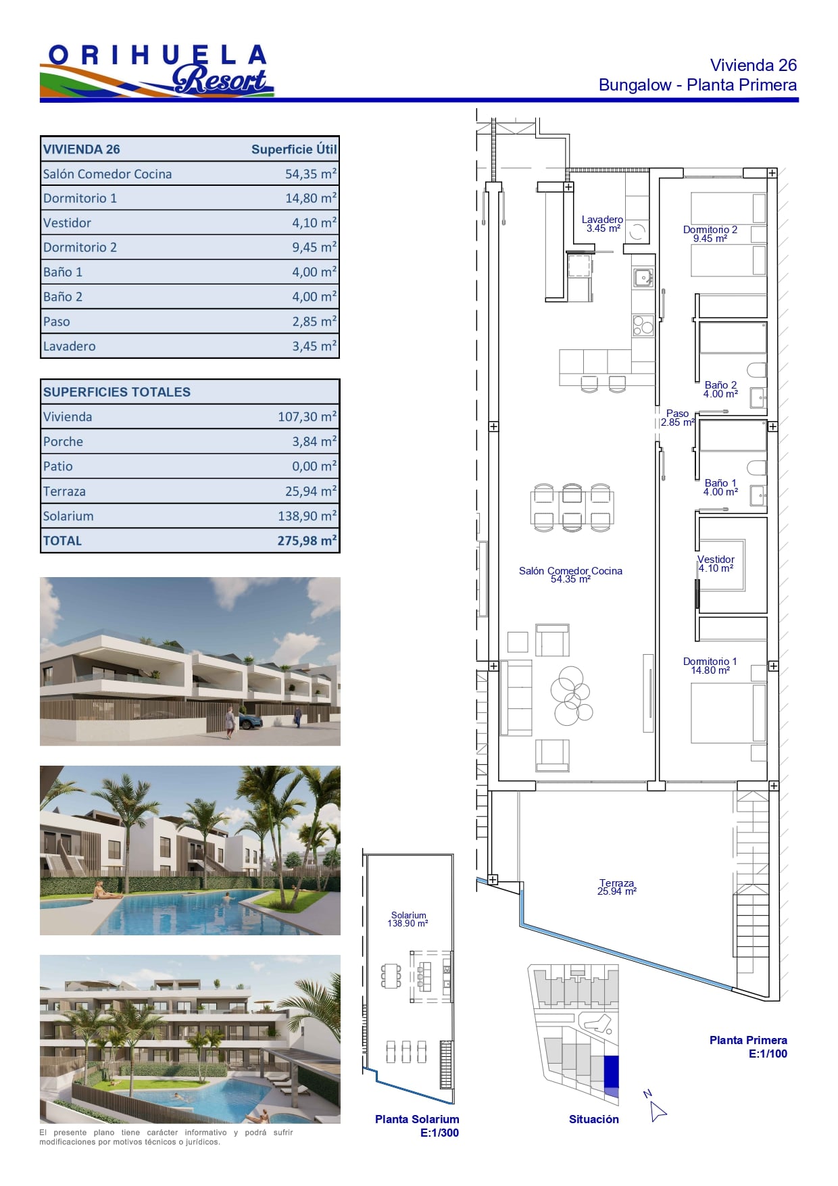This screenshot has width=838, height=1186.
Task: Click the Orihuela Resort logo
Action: [157, 71]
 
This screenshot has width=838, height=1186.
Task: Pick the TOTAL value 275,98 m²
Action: [307, 541]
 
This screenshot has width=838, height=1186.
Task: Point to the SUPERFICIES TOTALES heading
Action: [117, 392]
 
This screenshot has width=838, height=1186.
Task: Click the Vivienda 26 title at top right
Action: [754, 65]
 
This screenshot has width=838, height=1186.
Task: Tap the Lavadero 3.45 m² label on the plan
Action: [603, 224]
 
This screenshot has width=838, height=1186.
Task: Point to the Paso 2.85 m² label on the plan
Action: [678, 418]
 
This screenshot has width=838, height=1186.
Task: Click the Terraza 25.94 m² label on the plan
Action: [617, 887]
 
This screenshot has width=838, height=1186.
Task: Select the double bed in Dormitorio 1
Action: [729, 714]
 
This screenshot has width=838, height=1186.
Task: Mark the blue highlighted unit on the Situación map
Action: [611, 1076]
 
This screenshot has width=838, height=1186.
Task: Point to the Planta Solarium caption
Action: [417, 1120]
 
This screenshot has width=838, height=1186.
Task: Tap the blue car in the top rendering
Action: [249, 722]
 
